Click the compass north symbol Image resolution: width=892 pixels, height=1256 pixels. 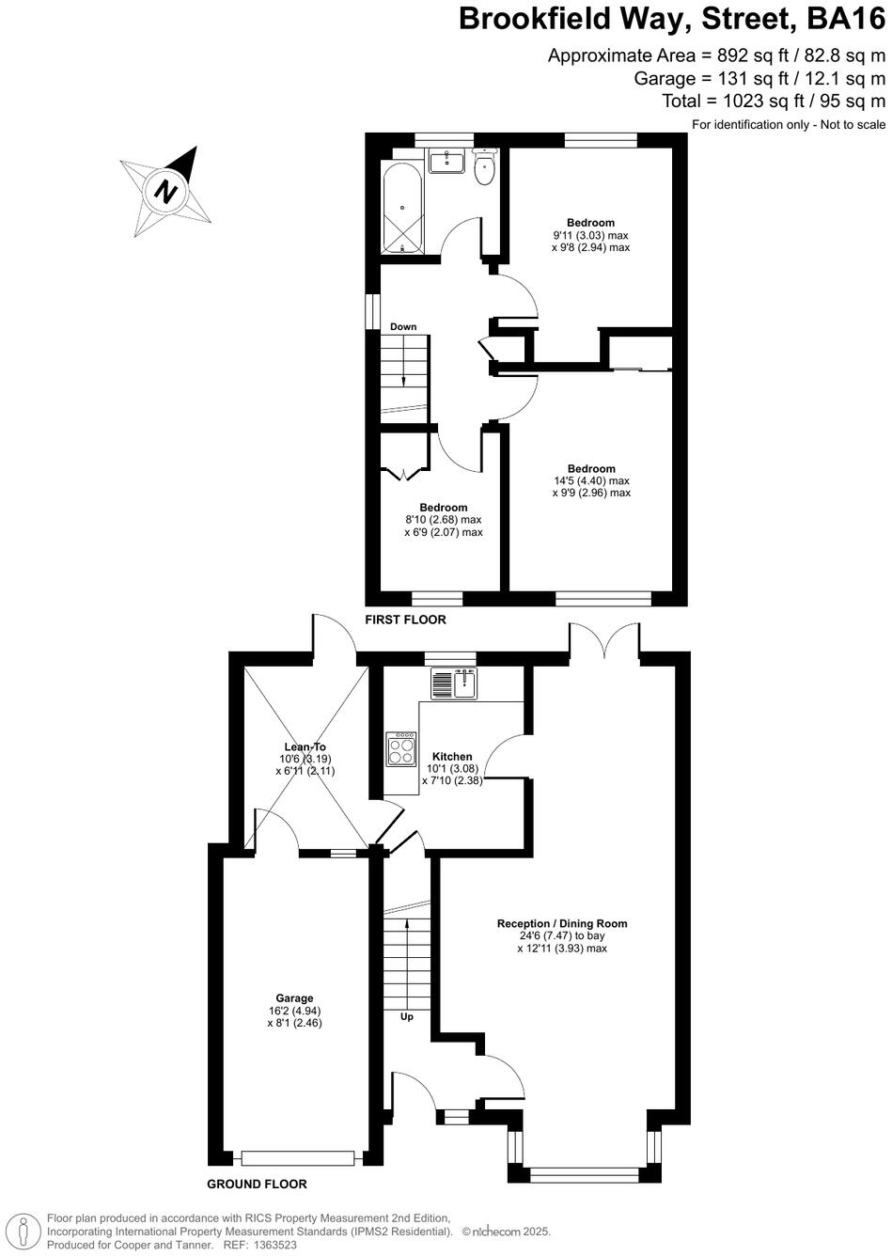(x=166, y=192)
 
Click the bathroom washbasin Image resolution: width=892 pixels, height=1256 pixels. (x=446, y=161)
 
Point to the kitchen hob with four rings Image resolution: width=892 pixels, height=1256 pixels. (x=401, y=749)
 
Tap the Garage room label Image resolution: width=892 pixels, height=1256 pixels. (x=294, y=998)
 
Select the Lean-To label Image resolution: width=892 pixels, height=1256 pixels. (x=305, y=746)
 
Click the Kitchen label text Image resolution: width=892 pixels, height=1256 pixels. (x=452, y=757)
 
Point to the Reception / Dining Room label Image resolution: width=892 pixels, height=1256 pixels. (x=562, y=923)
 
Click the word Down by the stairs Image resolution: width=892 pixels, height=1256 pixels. (x=403, y=327)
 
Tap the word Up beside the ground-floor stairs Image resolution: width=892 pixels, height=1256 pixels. (x=407, y=1016)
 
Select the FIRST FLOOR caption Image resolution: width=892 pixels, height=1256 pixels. (x=406, y=620)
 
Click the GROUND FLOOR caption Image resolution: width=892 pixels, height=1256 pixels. (x=257, y=1185)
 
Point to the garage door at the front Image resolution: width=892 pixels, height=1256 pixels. (x=298, y=1157)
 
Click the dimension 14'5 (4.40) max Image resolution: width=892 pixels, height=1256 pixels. (x=591, y=480)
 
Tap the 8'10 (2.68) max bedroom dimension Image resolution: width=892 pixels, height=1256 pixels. (x=443, y=520)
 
